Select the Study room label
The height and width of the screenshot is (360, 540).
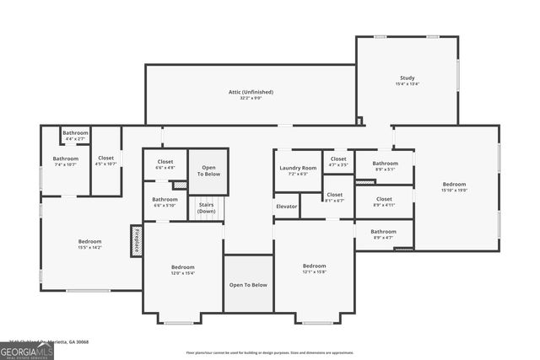click(407, 78)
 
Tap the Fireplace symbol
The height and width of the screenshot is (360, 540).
click(135, 240)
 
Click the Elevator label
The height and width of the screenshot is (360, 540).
click(286, 206)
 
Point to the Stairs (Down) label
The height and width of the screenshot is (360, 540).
click(206, 208)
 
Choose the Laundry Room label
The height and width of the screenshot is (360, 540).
click(298, 169)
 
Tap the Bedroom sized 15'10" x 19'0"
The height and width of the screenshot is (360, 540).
click(454, 185)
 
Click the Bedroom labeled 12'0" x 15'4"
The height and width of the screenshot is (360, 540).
click(183, 268)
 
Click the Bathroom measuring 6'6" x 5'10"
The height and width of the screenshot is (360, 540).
click(165, 201)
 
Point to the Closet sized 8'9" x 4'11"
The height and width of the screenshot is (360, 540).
click(383, 201)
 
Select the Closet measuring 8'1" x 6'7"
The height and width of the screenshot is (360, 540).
click(335, 196)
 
